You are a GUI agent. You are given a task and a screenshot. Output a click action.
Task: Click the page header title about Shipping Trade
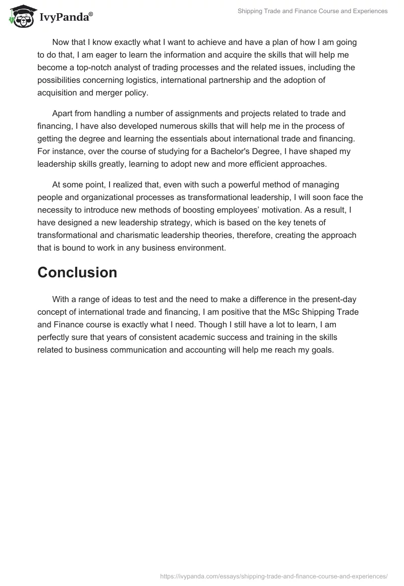tap(313, 11)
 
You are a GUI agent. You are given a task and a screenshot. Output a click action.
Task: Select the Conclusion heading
tap(77, 273)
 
